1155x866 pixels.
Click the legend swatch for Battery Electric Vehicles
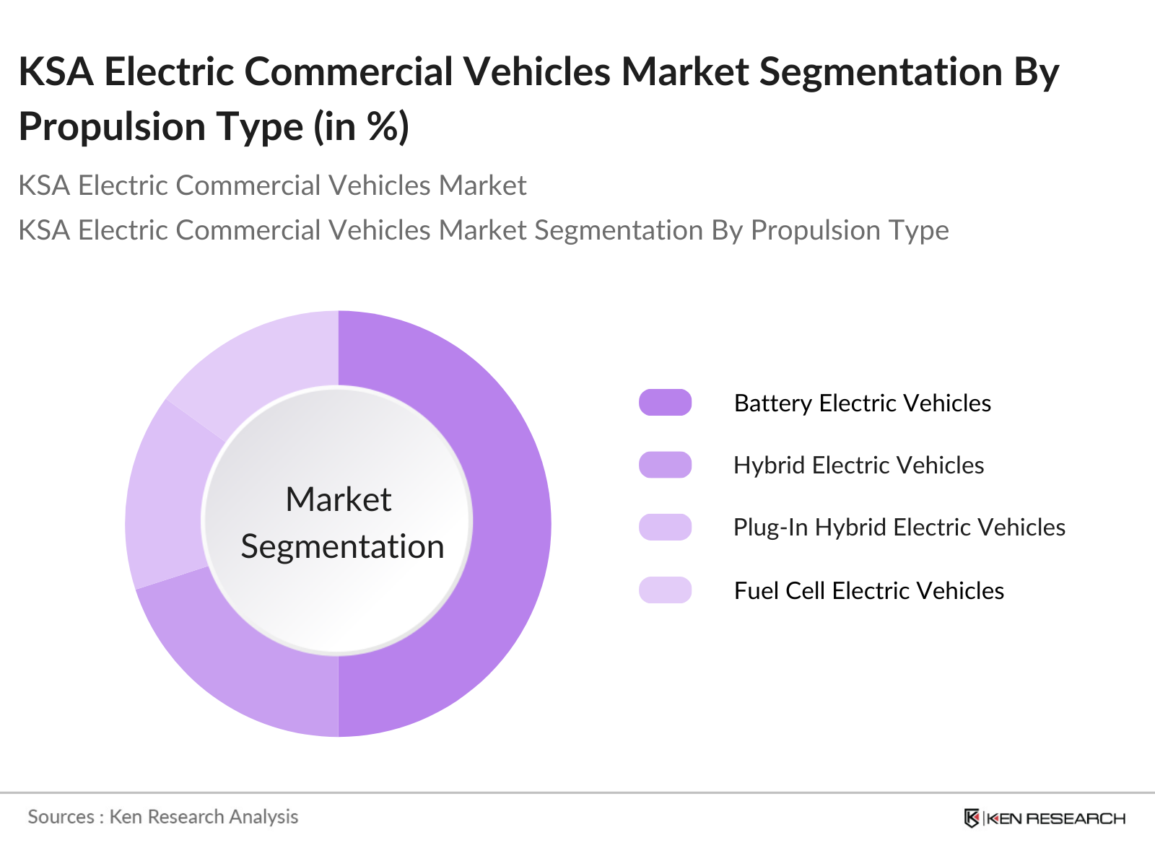665,403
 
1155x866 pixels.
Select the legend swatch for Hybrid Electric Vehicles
665,465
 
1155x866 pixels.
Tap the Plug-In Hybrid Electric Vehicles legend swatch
665,527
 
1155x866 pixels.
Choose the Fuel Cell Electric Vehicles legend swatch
665,590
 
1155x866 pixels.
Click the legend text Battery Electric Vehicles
862,403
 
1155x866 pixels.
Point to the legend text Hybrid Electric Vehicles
858,465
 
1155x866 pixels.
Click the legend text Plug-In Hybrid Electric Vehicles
899,527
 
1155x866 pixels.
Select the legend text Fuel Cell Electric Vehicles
868,590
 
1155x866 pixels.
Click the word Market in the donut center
338,499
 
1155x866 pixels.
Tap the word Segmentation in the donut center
342,546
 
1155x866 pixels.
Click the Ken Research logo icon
972,818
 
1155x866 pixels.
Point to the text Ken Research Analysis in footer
204,817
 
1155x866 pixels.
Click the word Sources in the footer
61,817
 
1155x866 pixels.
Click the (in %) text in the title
361,127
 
